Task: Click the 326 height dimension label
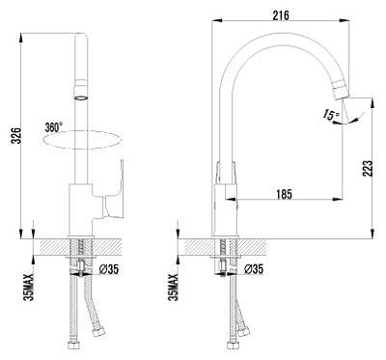(12, 139)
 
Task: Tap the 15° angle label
(331, 116)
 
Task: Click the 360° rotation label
(53, 126)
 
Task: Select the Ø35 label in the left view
(109, 268)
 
